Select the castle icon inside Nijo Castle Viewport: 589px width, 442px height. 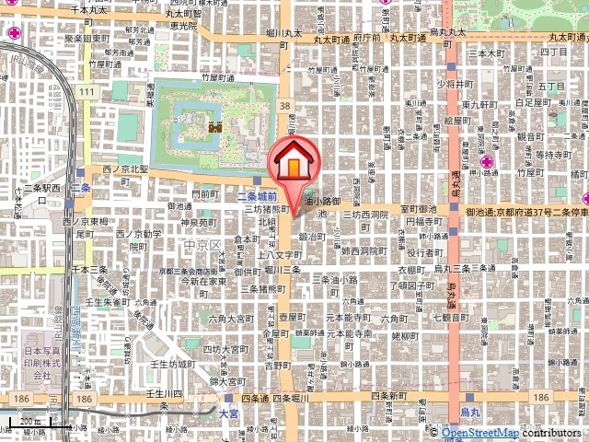(x=218, y=129)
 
